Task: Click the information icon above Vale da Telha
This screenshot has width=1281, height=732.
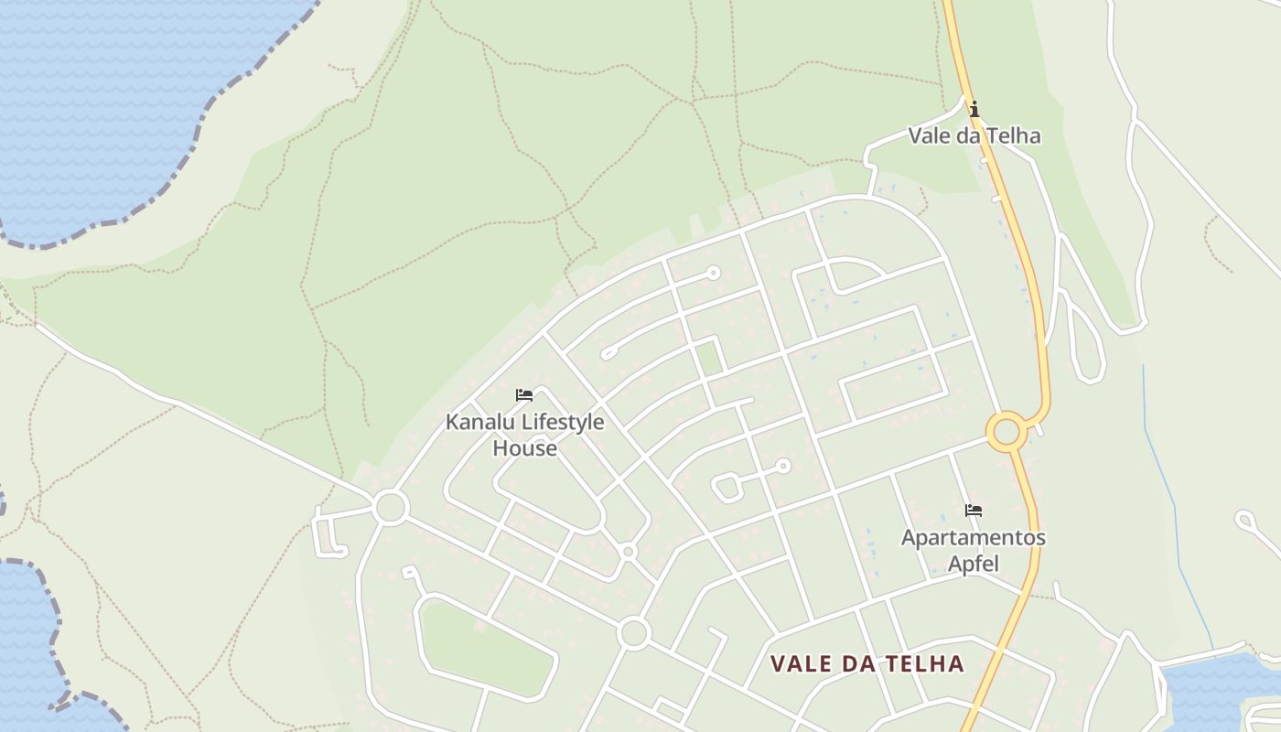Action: [x=974, y=110]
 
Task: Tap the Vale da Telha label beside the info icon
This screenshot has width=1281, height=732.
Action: [x=974, y=136]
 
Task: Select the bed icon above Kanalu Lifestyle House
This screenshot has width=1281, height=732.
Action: [x=524, y=395]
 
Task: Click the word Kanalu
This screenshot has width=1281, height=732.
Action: [x=480, y=423]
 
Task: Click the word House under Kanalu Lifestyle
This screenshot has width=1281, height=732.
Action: [x=524, y=448]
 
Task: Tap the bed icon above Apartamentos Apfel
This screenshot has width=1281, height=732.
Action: [x=974, y=511]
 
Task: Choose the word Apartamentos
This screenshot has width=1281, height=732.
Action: [x=973, y=537]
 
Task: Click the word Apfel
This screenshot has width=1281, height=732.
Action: [x=973, y=563]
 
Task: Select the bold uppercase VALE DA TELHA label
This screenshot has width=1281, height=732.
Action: [x=867, y=663]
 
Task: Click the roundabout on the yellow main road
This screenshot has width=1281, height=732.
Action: [x=1006, y=431]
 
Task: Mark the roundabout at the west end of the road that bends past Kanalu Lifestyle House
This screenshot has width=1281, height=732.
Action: [x=391, y=506]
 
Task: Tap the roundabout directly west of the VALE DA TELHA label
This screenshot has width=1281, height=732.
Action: [x=633, y=632]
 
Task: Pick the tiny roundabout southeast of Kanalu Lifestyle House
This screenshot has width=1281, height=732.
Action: [x=628, y=552]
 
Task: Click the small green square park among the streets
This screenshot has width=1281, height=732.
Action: [x=708, y=356]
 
